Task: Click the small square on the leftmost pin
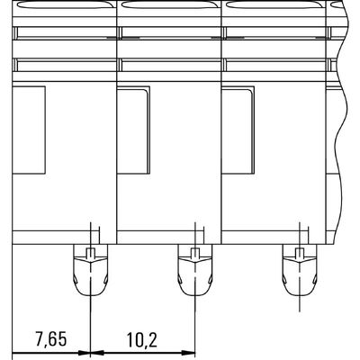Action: pos(90,252)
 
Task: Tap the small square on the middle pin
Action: pos(194,252)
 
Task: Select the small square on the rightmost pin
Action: pos(298,252)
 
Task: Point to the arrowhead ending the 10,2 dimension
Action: pos(189,351)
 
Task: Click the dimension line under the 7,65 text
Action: pos(51,351)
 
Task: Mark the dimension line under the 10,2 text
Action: pos(142,351)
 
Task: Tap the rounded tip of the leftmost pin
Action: pos(90,293)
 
